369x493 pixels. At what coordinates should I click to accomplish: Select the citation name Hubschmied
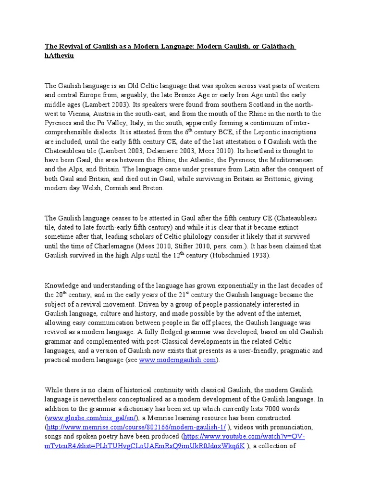228,255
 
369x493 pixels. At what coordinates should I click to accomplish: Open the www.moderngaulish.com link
177,360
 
